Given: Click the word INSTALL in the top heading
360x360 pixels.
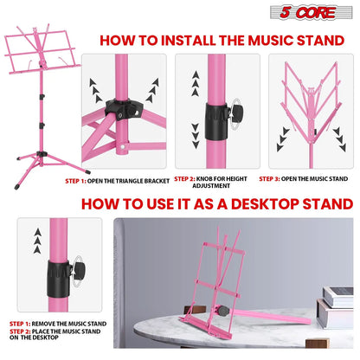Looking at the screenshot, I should point(181,39).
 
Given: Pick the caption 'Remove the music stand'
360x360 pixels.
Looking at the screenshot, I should point(59,323).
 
